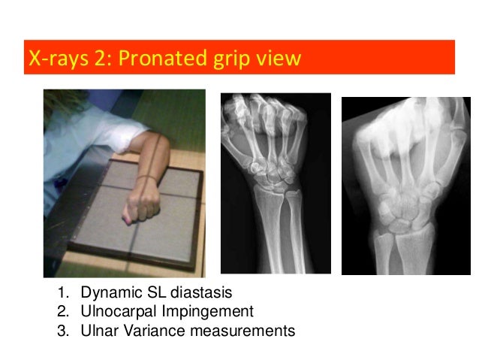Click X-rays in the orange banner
click(53, 58)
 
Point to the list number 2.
click(61, 311)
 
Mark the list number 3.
click(61, 329)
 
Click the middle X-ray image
click(275, 183)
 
